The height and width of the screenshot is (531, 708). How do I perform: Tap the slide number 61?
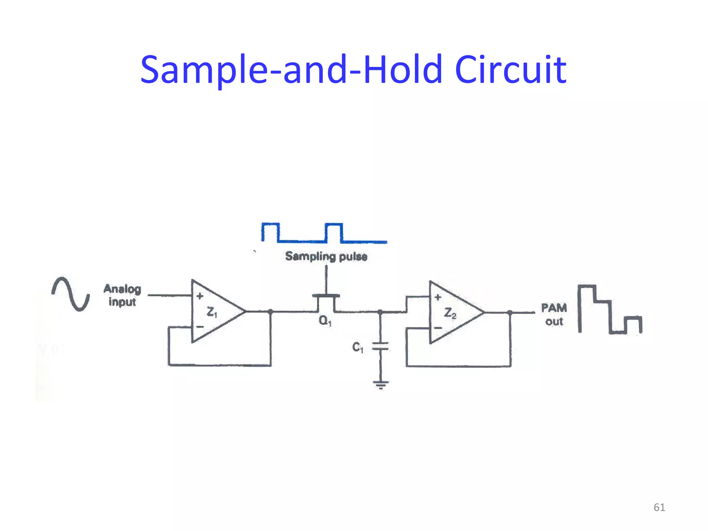pyautogui.click(x=659, y=507)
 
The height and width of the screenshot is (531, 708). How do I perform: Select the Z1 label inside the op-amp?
pyautogui.click(x=212, y=312)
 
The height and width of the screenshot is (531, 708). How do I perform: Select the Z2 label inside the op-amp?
pyautogui.click(x=450, y=313)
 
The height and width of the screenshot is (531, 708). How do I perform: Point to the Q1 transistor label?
pyautogui.click(x=325, y=321)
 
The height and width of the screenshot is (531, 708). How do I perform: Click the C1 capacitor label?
pyautogui.click(x=357, y=347)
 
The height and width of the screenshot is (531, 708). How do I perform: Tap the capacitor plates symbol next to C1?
pyautogui.click(x=380, y=346)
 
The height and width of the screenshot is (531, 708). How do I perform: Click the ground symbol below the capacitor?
pyautogui.click(x=381, y=384)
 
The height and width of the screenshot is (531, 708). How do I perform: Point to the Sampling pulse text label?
pyautogui.click(x=326, y=257)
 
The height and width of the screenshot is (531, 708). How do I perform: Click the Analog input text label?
pyautogui.click(x=122, y=295)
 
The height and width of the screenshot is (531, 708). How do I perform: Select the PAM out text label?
pyautogui.click(x=554, y=315)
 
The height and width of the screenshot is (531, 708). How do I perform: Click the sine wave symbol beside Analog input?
pyautogui.click(x=71, y=294)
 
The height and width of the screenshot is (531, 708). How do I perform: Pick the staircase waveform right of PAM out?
pyautogui.click(x=609, y=309)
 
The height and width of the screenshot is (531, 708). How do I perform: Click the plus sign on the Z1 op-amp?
pyautogui.click(x=200, y=296)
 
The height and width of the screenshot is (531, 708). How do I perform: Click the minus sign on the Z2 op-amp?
pyautogui.click(x=438, y=328)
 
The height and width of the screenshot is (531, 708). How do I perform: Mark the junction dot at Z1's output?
pyautogui.click(x=270, y=312)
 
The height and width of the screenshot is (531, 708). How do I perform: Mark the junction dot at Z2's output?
pyautogui.click(x=510, y=313)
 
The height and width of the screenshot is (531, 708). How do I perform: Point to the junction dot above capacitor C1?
pyautogui.click(x=380, y=312)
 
